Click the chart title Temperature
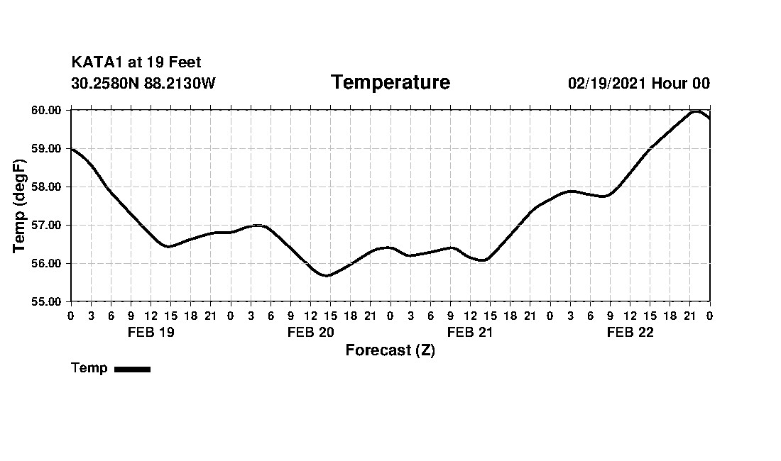(x=390, y=83)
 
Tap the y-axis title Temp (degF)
(x=19, y=206)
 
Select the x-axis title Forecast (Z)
(x=390, y=350)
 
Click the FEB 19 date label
(x=151, y=333)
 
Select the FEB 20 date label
(x=310, y=333)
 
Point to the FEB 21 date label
(x=470, y=333)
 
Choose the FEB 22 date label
(x=630, y=333)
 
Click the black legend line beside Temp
(x=132, y=369)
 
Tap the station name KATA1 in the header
(x=97, y=63)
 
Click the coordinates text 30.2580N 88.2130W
(x=143, y=84)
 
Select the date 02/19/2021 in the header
(x=607, y=84)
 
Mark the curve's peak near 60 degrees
(x=696, y=111)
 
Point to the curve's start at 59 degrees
(x=72, y=148)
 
